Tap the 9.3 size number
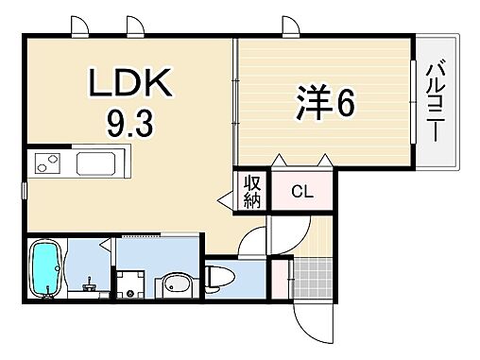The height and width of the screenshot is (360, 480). click(x=132, y=123)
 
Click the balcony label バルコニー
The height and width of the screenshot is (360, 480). click(x=436, y=99)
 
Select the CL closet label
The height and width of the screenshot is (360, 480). click(x=301, y=193)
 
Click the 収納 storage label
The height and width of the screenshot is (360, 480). click(x=253, y=191)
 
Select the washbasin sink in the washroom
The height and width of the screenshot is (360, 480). click(x=174, y=284)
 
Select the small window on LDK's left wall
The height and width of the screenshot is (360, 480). click(x=26, y=190)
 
